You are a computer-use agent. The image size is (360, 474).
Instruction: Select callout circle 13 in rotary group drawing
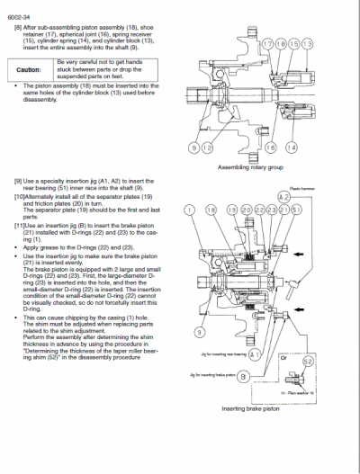click(310, 43)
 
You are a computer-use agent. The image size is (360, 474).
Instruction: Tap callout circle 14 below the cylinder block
click(291, 146)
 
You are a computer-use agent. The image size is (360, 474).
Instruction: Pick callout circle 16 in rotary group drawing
click(271, 146)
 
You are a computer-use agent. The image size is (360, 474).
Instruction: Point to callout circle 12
click(208, 146)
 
